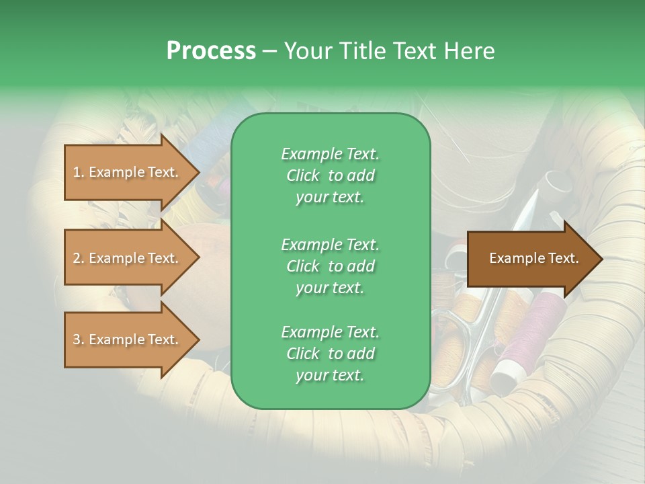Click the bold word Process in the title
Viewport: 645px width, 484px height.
[211, 51]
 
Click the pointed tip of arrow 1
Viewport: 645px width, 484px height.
[197, 172]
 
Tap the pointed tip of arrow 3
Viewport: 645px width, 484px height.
[197, 339]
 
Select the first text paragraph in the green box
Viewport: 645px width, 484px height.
[330, 175]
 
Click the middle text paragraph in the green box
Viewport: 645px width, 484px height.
[330, 266]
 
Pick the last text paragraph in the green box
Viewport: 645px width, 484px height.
[330, 354]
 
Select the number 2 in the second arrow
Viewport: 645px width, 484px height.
[76, 259]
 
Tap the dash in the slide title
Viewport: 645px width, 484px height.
[270, 51]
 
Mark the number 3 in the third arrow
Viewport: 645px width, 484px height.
[76, 340]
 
